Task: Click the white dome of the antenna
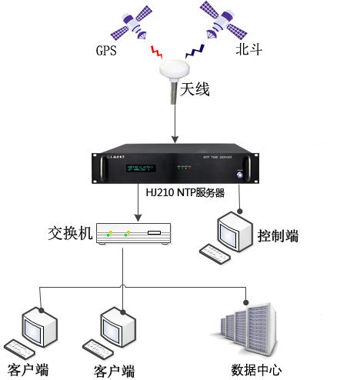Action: (x=177, y=71)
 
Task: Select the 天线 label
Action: (x=195, y=90)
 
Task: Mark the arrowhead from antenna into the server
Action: (x=177, y=139)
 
